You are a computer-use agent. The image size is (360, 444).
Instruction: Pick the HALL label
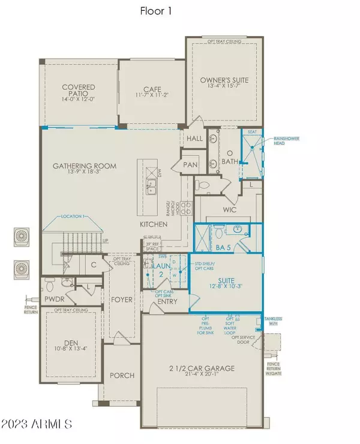click(195, 139)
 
